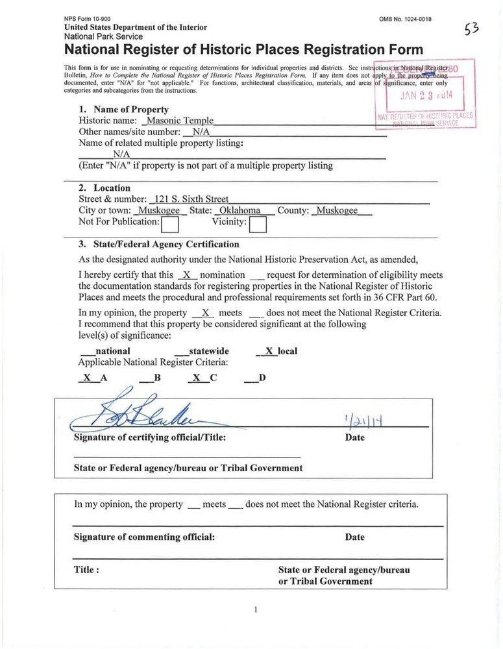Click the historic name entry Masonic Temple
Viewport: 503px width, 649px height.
(x=180, y=121)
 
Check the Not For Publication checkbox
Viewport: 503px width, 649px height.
(x=170, y=224)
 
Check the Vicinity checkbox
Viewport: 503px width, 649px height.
(x=258, y=224)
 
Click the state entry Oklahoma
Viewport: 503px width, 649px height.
(x=241, y=212)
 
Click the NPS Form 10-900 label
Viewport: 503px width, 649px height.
(x=87, y=18)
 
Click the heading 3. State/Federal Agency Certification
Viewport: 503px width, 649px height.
(x=158, y=245)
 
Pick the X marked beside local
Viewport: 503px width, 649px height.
(x=269, y=351)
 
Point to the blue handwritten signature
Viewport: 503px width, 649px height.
(x=133, y=411)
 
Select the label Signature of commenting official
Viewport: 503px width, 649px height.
(x=144, y=537)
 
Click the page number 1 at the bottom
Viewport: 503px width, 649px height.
(x=256, y=609)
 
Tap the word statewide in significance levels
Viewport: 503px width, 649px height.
(x=208, y=351)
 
